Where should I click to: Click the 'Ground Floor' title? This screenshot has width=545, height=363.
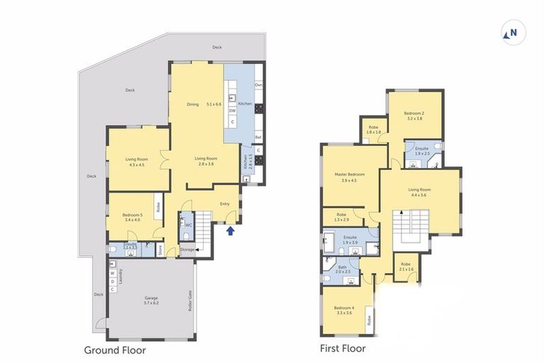click(x=115, y=350)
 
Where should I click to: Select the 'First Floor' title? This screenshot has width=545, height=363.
click(x=343, y=348)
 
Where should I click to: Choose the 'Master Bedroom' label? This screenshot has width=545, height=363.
click(x=349, y=174)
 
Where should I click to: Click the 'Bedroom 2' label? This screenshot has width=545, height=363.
click(x=414, y=113)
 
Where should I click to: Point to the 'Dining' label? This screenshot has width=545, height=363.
click(x=192, y=104)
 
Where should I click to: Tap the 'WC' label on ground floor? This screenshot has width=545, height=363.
click(x=188, y=225)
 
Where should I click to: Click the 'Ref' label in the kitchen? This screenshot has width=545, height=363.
click(x=258, y=137)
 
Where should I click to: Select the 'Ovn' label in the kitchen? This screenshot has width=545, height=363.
click(x=258, y=84)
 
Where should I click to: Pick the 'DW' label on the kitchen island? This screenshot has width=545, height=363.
click(x=232, y=110)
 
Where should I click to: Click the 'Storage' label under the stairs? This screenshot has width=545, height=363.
click(x=186, y=249)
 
